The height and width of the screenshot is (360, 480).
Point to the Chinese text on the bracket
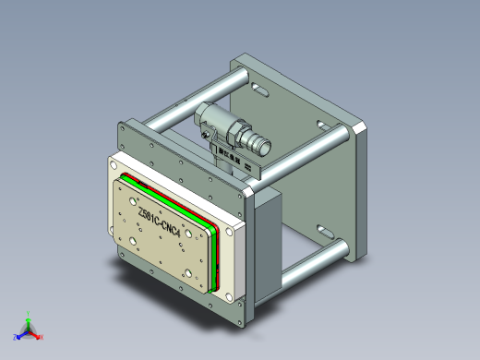tap(229, 158)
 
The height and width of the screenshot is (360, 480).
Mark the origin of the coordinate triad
tap(28, 330)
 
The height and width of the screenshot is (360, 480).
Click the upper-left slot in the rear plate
tap(255, 90)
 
